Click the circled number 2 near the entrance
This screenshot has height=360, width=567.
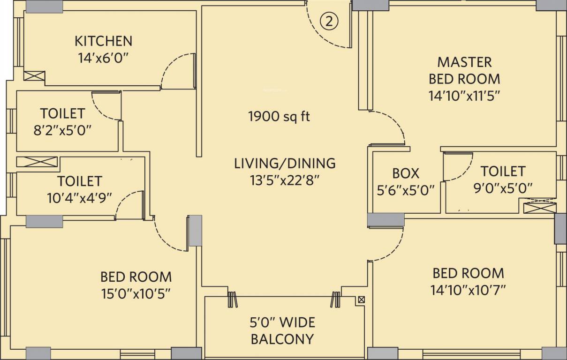329,21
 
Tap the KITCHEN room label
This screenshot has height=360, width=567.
103,41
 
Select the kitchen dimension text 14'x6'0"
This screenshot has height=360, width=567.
103,58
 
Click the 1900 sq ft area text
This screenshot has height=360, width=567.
279,116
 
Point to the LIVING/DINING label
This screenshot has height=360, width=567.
285,163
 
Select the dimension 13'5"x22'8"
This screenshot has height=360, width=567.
285,180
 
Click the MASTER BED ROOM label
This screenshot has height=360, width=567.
464,70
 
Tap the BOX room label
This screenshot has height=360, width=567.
406,173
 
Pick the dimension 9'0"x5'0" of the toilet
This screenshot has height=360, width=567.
502,188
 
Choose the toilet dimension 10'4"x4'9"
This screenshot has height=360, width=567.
79,197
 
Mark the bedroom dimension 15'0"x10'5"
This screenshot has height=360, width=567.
136,293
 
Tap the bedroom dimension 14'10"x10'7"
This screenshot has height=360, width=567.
468,290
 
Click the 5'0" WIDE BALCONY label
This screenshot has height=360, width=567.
282,330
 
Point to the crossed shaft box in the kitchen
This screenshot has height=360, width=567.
34,76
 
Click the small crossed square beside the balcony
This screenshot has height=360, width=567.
361,299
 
